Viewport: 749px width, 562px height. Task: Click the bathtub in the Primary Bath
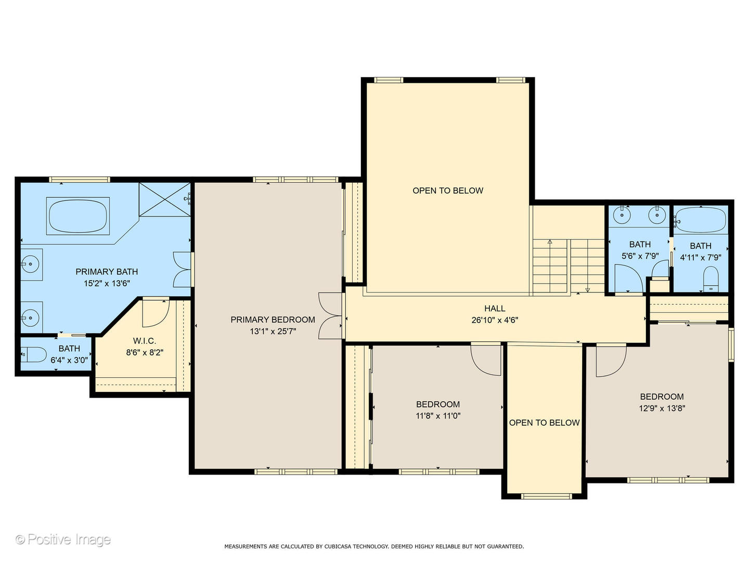pos(78,216)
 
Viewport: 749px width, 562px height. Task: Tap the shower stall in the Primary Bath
pos(165,199)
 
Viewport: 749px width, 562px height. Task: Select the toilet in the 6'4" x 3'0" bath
pos(33,355)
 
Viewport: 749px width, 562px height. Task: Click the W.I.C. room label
pos(145,340)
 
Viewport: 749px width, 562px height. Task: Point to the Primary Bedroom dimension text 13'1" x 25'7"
pos(273,331)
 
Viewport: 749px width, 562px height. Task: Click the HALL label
pos(495,309)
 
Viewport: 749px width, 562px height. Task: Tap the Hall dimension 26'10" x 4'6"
pos(495,320)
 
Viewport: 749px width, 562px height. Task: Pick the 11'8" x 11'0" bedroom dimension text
pos(438,416)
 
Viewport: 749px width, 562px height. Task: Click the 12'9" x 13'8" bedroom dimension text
pos(662,408)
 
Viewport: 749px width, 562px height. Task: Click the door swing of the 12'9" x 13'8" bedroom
pos(611,361)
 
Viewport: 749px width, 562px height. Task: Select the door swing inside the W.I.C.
pos(156,313)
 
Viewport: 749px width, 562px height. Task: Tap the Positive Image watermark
pos(63,540)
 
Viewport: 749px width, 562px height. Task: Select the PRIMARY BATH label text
pos(107,272)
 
